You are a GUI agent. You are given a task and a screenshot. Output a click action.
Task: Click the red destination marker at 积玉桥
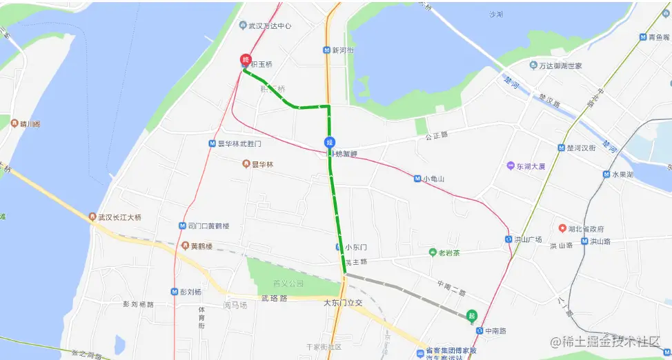(x=245, y=61)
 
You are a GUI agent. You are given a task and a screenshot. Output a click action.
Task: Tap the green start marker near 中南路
(x=472, y=316)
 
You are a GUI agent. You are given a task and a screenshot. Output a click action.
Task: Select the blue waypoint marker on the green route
(x=330, y=142)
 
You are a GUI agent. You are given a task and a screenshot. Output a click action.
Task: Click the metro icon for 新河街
(x=326, y=50)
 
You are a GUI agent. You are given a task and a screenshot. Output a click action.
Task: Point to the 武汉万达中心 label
(x=265, y=26)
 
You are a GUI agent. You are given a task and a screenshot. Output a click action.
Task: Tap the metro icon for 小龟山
(x=418, y=179)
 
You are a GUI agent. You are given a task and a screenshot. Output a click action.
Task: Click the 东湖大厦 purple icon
(x=511, y=166)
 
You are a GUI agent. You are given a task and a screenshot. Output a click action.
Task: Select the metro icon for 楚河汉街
(x=561, y=148)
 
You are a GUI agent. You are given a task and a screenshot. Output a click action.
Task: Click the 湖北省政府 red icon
(x=562, y=228)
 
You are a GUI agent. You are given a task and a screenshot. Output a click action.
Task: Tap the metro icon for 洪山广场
(x=508, y=239)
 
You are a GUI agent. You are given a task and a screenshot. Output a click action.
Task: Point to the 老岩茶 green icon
(x=433, y=252)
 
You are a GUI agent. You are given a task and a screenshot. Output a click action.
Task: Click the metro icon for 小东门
(x=339, y=247)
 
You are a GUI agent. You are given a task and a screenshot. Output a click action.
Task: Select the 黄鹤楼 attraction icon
(x=185, y=246)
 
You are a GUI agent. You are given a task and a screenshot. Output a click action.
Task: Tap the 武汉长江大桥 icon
(x=92, y=217)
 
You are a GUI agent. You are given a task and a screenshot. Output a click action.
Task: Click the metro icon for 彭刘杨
(x=174, y=292)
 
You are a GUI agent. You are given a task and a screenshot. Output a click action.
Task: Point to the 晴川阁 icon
(x=14, y=124)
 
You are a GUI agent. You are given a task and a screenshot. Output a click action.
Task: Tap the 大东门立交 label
(x=343, y=303)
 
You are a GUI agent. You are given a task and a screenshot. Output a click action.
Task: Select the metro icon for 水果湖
(x=606, y=174)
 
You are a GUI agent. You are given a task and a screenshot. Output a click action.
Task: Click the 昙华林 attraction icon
(x=246, y=164)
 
